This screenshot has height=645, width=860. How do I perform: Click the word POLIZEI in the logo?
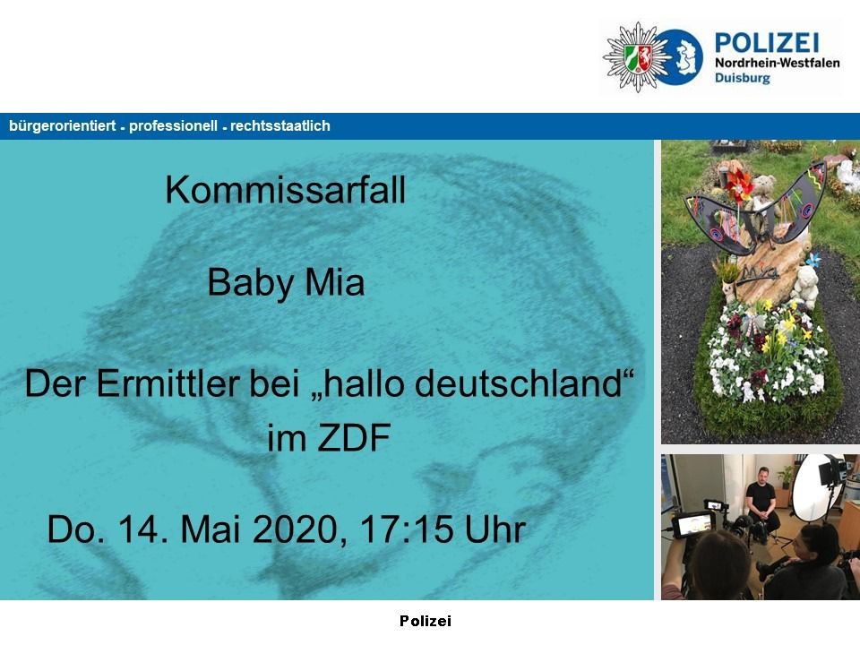[767, 42]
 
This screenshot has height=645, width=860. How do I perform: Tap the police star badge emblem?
[637, 56]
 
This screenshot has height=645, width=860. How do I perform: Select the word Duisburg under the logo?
[742, 78]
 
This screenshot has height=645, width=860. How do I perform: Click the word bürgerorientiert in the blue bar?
[63, 126]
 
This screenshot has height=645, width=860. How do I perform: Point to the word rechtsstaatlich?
[280, 126]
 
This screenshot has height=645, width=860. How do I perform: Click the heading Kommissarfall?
[285, 190]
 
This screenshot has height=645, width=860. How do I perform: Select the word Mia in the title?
[334, 282]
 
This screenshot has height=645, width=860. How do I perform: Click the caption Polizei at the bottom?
[425, 621]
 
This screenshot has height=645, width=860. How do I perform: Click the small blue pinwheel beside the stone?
[813, 258]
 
